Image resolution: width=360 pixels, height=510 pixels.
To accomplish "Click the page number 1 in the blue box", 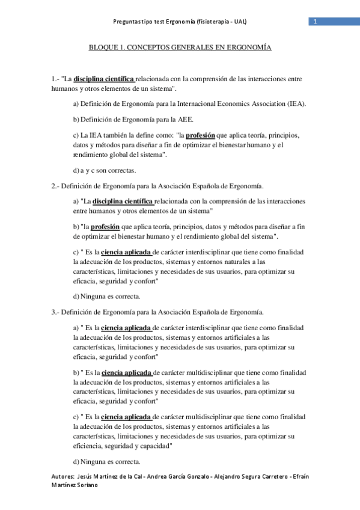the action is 314,22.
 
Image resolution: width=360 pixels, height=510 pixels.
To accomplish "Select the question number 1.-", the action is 55,79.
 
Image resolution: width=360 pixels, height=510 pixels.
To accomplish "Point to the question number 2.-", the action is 55,186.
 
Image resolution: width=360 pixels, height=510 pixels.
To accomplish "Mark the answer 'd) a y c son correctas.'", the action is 104,170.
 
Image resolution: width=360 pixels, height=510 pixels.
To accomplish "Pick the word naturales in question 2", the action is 232,262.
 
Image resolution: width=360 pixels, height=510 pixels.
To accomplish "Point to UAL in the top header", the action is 240,22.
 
